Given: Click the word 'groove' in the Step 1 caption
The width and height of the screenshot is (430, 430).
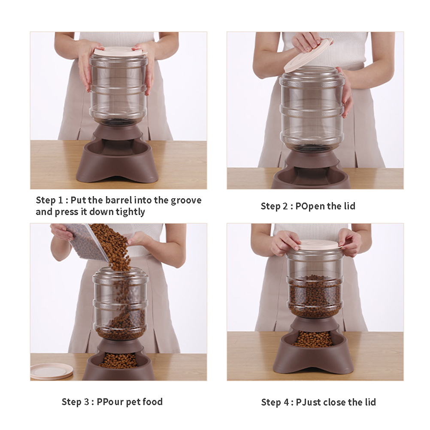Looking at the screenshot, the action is [x=186, y=201].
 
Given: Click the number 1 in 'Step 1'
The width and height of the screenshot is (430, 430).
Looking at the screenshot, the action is [x=61, y=200].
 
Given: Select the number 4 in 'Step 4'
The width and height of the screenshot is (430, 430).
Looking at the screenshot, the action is [x=286, y=402].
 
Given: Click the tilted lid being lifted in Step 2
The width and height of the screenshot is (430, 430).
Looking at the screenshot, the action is [x=308, y=56].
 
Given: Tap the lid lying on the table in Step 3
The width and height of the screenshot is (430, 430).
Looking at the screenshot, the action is [x=51, y=371].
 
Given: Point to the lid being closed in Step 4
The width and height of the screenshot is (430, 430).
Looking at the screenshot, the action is [x=320, y=245].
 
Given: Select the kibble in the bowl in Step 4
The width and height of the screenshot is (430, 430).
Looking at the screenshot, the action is [x=312, y=339].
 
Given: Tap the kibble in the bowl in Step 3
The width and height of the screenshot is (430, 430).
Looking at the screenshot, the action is [x=118, y=360].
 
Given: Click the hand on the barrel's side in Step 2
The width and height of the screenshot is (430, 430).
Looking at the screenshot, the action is [x=345, y=93].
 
